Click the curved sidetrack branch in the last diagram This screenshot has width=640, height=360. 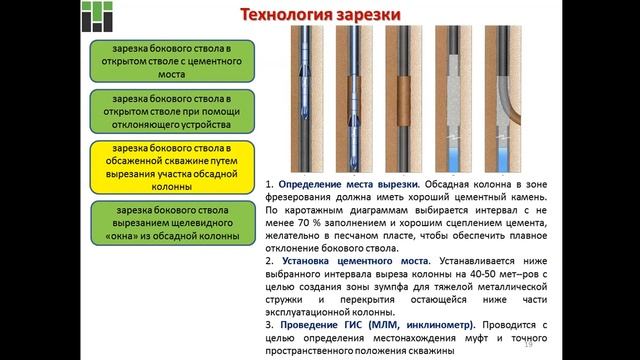[516, 95]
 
